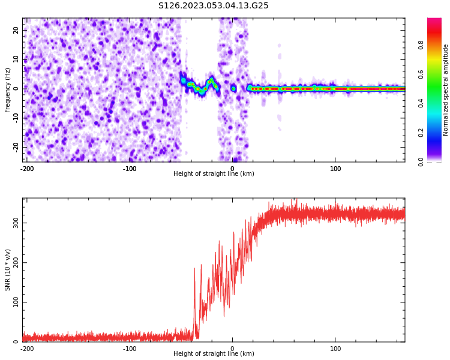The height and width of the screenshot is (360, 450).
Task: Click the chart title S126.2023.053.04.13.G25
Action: pyautogui.click(x=213, y=6)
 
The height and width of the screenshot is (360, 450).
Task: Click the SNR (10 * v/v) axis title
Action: pyautogui.click(x=8, y=270)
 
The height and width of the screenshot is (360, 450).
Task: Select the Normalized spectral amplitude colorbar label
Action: pyautogui.click(x=446, y=90)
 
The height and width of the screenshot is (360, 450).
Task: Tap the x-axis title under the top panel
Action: pyautogui.click(x=214, y=174)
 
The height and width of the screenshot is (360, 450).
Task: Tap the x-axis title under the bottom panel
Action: pyautogui.click(x=214, y=354)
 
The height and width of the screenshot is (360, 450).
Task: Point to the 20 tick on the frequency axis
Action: pyautogui.click(x=16, y=30)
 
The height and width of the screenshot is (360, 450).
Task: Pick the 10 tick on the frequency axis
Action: pyautogui.click(x=16, y=59)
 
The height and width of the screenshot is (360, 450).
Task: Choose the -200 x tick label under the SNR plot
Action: pyautogui.click(x=27, y=349)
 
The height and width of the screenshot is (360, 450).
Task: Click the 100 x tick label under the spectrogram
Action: pyautogui.click(x=335, y=169)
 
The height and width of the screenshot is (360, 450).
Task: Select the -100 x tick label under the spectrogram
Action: pyautogui.click(x=130, y=169)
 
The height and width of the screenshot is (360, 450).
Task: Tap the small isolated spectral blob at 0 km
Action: pyautogui.click(x=233, y=88)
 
